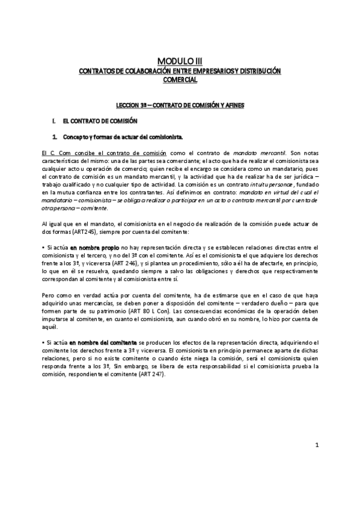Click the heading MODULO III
pos(180,61)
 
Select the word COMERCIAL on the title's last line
pos(180,79)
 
